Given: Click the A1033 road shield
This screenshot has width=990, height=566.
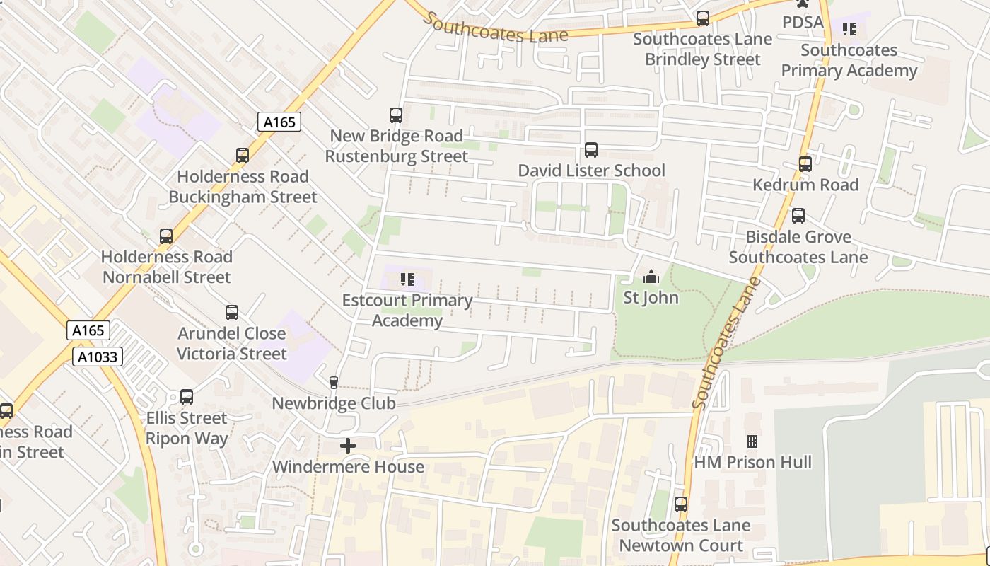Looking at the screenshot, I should (98, 357).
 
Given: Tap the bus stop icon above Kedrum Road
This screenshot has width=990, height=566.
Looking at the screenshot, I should (805, 164).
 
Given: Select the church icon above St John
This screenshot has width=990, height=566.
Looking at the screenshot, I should (651, 277).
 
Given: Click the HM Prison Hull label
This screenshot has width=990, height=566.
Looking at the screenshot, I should (752, 462).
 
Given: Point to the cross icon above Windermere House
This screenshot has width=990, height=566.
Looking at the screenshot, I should (348, 446).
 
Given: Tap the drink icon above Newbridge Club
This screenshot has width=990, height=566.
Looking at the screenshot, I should (334, 383).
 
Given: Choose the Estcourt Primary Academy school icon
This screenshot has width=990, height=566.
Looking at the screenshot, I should (407, 279).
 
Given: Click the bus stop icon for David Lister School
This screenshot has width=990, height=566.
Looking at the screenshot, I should (591, 150).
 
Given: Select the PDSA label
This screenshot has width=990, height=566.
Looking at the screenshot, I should (803, 23).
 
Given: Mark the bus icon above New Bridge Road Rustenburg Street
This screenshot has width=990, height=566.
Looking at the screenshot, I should (396, 115).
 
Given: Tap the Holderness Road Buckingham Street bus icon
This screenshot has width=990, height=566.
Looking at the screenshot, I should (243, 156).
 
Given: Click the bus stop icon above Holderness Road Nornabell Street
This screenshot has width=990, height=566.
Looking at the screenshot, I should (166, 236).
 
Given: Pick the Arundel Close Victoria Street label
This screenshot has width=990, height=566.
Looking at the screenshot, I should (232, 343).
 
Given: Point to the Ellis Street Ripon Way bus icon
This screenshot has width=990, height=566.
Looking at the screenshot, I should (187, 397).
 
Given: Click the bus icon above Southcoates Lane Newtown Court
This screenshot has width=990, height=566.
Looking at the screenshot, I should (681, 504).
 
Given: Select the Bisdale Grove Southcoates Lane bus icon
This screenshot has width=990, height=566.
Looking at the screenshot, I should (798, 216).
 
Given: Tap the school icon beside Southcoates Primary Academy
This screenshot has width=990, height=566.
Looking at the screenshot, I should (849, 29).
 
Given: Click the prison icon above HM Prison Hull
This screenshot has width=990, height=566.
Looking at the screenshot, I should (752, 441).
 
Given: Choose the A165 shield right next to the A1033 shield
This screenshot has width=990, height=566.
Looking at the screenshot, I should (89, 330).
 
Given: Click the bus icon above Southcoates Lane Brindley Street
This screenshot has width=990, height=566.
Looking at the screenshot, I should (703, 18).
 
